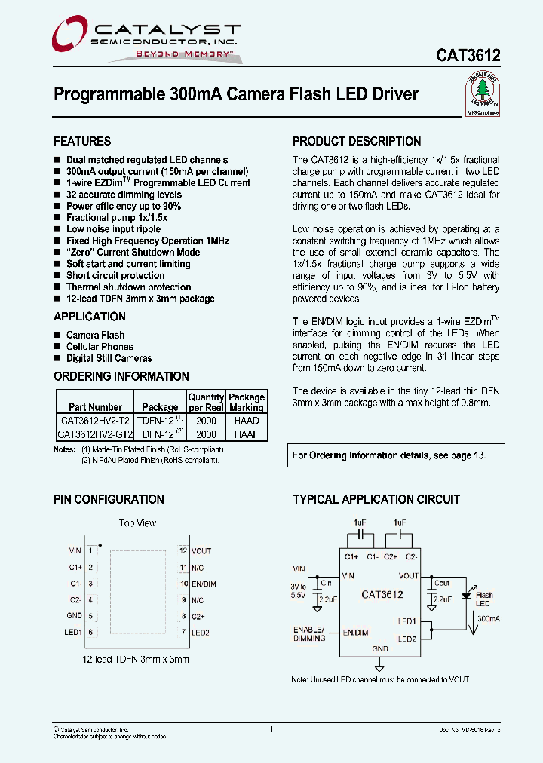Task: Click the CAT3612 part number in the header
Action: point(468,56)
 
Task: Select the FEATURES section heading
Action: point(82,141)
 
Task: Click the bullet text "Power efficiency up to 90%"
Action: point(124,206)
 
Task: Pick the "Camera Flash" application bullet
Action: point(95,335)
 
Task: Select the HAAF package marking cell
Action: point(247,434)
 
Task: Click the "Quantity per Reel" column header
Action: point(206,402)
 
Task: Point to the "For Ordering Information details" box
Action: point(388,455)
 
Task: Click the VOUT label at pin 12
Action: point(201,551)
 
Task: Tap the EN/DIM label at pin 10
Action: point(204,584)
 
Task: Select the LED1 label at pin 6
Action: point(73,632)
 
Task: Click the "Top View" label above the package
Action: point(137,523)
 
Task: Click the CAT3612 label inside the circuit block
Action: point(382,594)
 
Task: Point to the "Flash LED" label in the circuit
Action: point(483,599)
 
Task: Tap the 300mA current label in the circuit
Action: point(489,618)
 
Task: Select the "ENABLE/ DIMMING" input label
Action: point(309,633)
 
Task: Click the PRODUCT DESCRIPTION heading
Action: point(357,141)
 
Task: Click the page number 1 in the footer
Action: point(271,729)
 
